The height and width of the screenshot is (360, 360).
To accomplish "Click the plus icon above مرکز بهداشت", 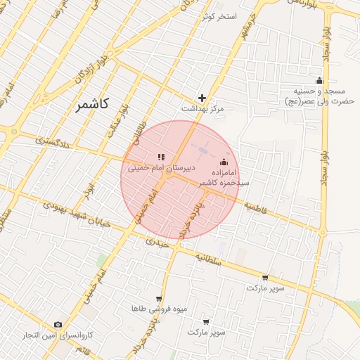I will (x=202, y=98).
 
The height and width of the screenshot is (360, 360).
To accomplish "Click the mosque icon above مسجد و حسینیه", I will (x=319, y=80).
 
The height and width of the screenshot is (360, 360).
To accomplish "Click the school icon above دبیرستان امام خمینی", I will (x=161, y=157).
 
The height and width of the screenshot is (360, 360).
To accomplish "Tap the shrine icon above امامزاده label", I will (x=224, y=162).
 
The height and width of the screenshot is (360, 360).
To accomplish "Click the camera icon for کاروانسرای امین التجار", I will (x=58, y=325).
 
